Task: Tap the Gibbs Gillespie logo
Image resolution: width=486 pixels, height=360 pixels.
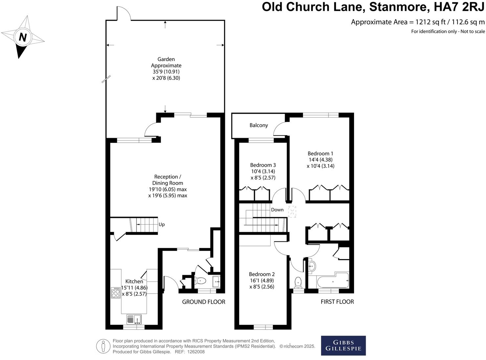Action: (343, 345)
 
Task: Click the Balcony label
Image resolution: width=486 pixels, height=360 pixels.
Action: (258, 125)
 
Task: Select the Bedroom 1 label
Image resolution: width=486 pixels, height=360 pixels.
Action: (320, 153)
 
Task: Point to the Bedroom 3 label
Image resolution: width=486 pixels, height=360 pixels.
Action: (263, 165)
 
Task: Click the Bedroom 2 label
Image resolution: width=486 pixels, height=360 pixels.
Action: (262, 274)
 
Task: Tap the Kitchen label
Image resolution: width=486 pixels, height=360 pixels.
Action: (134, 281)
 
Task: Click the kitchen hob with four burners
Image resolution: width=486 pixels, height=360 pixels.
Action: (116, 293)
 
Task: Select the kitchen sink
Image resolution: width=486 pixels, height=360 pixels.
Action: (134, 319)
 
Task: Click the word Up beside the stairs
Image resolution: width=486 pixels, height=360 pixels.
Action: (162, 225)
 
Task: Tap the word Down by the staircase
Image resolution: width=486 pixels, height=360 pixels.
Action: (277, 210)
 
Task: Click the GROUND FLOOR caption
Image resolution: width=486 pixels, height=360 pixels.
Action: (204, 302)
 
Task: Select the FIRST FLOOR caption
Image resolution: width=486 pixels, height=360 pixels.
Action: (337, 302)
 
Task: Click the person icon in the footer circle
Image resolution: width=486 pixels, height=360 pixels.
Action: (103, 346)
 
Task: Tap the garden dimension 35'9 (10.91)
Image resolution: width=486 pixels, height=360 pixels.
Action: (166, 72)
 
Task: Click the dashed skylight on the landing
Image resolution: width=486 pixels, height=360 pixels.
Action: (292, 212)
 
